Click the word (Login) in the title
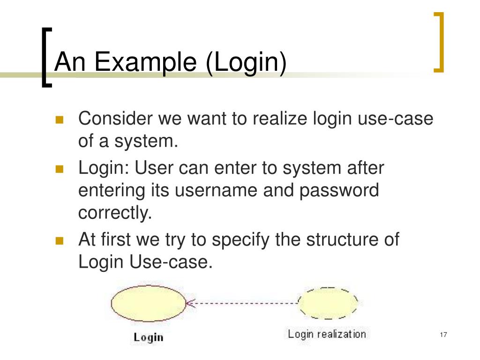(x=246, y=63)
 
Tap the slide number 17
(x=443, y=335)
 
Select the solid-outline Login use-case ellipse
(x=149, y=303)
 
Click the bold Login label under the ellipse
(x=148, y=337)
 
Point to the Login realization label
(x=326, y=334)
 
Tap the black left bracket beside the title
(x=45, y=56)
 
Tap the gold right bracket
(x=439, y=42)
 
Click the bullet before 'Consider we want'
(x=59, y=120)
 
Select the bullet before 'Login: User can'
(x=59, y=169)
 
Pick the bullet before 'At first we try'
(x=59, y=241)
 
